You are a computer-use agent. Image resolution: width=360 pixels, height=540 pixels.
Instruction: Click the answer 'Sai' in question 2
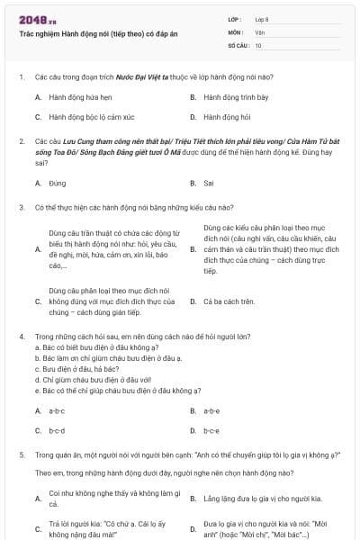tap(209, 183)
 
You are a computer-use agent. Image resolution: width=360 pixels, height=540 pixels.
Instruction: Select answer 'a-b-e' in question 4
tap(212, 410)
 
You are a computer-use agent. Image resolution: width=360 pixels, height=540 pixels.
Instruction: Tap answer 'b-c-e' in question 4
tap(212, 431)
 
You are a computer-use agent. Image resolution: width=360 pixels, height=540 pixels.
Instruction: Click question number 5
tap(21, 455)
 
